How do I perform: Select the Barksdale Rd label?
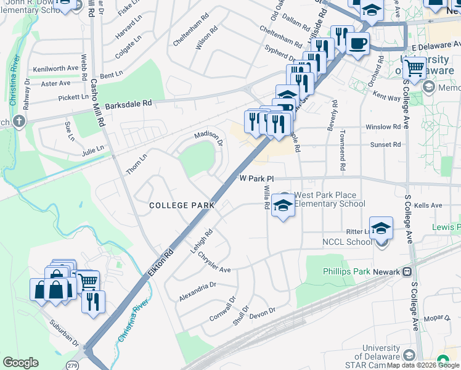click(x=128, y=104)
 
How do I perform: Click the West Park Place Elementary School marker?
click(x=283, y=205)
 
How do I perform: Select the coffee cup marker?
click(x=357, y=43)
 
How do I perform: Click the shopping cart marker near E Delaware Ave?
click(x=415, y=67)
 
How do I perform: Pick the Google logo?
click(x=20, y=363)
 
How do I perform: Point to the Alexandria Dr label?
click(x=197, y=291)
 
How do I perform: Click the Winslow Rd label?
click(x=383, y=127)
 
